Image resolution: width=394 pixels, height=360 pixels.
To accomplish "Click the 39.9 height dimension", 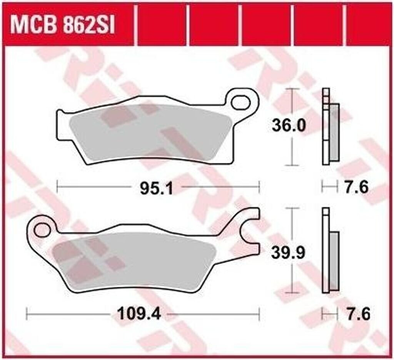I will point(289,253).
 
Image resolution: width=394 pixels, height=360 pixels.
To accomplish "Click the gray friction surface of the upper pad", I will point(150,131).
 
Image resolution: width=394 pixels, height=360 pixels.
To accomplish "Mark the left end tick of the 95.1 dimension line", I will point(57,187).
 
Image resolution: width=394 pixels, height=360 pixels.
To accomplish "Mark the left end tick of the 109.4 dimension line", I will point(27,314).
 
